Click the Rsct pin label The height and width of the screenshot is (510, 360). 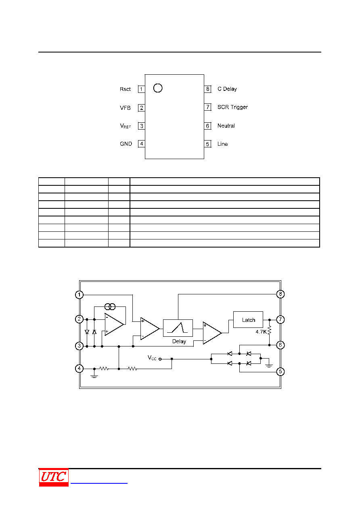pos(125,89)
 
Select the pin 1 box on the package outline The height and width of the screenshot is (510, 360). pos(141,89)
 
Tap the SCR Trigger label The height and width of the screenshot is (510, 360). pos(232,107)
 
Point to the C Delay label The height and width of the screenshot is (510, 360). pos(227,89)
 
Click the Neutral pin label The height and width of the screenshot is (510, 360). pos(226,126)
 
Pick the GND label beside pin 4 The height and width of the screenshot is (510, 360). pos(126,144)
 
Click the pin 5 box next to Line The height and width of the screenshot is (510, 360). pos(207,144)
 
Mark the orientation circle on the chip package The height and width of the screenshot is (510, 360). pos(158,88)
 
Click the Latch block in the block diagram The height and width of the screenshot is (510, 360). pos(248,320)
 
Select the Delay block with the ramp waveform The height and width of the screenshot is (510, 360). pos(178,328)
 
